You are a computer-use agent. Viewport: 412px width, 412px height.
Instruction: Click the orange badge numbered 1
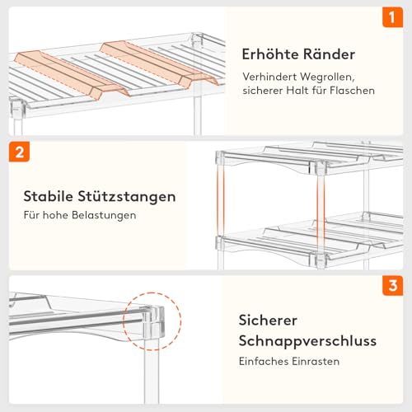click(392, 17)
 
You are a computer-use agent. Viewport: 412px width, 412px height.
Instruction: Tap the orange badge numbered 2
click(20, 152)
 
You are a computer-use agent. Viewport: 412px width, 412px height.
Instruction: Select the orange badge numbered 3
click(392, 287)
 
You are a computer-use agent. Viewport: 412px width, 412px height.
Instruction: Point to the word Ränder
click(331, 54)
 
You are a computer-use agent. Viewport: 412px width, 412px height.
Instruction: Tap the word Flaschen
click(349, 90)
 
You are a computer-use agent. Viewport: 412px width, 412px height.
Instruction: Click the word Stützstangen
click(129, 197)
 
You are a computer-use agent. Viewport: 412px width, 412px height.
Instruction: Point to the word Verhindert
click(270, 76)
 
